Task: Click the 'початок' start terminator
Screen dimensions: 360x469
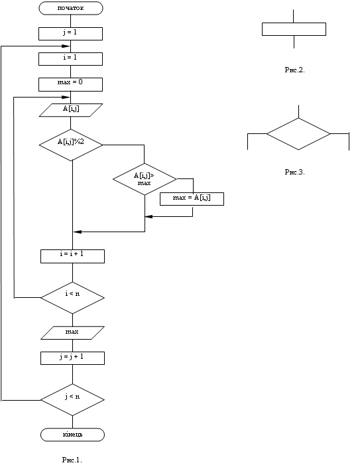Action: click(x=71, y=8)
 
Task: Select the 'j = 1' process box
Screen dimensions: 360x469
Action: click(x=70, y=34)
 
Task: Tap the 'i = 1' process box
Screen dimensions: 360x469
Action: click(x=70, y=59)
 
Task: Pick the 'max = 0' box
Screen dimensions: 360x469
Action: click(x=70, y=84)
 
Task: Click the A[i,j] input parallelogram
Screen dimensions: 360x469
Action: click(x=71, y=110)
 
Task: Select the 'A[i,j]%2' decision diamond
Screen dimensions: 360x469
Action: click(x=71, y=145)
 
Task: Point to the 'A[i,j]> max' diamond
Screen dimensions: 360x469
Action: click(x=145, y=179)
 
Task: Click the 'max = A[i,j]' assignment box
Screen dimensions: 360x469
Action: click(x=192, y=199)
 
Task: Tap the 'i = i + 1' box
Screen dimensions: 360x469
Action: click(x=73, y=256)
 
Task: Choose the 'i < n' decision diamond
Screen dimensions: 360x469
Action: click(x=73, y=298)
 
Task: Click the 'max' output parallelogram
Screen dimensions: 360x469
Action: click(x=73, y=333)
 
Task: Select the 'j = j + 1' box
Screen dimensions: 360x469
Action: click(x=73, y=358)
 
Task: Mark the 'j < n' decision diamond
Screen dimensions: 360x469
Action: click(x=73, y=400)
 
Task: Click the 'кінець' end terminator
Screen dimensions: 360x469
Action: click(x=73, y=435)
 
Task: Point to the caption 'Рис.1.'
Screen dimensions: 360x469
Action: click(x=72, y=460)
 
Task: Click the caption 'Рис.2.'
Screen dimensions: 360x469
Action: click(x=295, y=70)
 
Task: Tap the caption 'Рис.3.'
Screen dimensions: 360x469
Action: click(x=295, y=172)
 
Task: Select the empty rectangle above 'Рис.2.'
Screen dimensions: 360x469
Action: click(x=294, y=29)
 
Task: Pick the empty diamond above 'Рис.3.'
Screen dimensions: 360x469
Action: click(x=298, y=134)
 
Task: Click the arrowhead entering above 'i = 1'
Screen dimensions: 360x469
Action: click(x=66, y=46)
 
